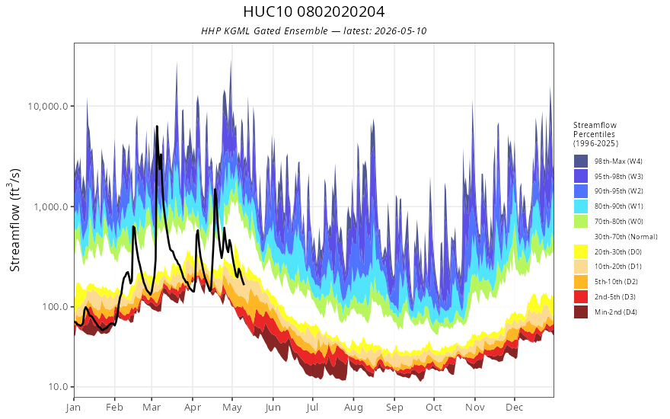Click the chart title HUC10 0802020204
314,11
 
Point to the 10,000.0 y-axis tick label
48,106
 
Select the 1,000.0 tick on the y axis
50,207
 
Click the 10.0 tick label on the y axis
58,387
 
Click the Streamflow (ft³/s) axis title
14,219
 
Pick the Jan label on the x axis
74,408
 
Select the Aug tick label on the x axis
353,408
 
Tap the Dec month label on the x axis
515,408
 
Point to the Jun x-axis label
273,408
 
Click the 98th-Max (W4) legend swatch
581,162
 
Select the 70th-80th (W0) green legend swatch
581,222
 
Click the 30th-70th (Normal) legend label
626,236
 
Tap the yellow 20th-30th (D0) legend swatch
581,251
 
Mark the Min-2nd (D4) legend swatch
581,312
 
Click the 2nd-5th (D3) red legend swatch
581,296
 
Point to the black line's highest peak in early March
157,126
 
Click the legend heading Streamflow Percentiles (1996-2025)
595,134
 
